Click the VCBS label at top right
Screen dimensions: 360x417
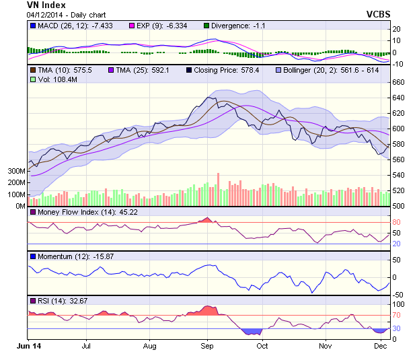(380, 13)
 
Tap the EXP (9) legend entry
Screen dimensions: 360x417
(165, 26)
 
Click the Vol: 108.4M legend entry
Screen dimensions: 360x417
(51, 79)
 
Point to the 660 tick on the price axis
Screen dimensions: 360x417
(398, 82)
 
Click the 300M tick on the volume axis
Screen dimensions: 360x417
(15, 171)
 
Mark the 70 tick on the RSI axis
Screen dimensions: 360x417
(397, 314)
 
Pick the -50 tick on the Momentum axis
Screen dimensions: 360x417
(398, 295)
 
